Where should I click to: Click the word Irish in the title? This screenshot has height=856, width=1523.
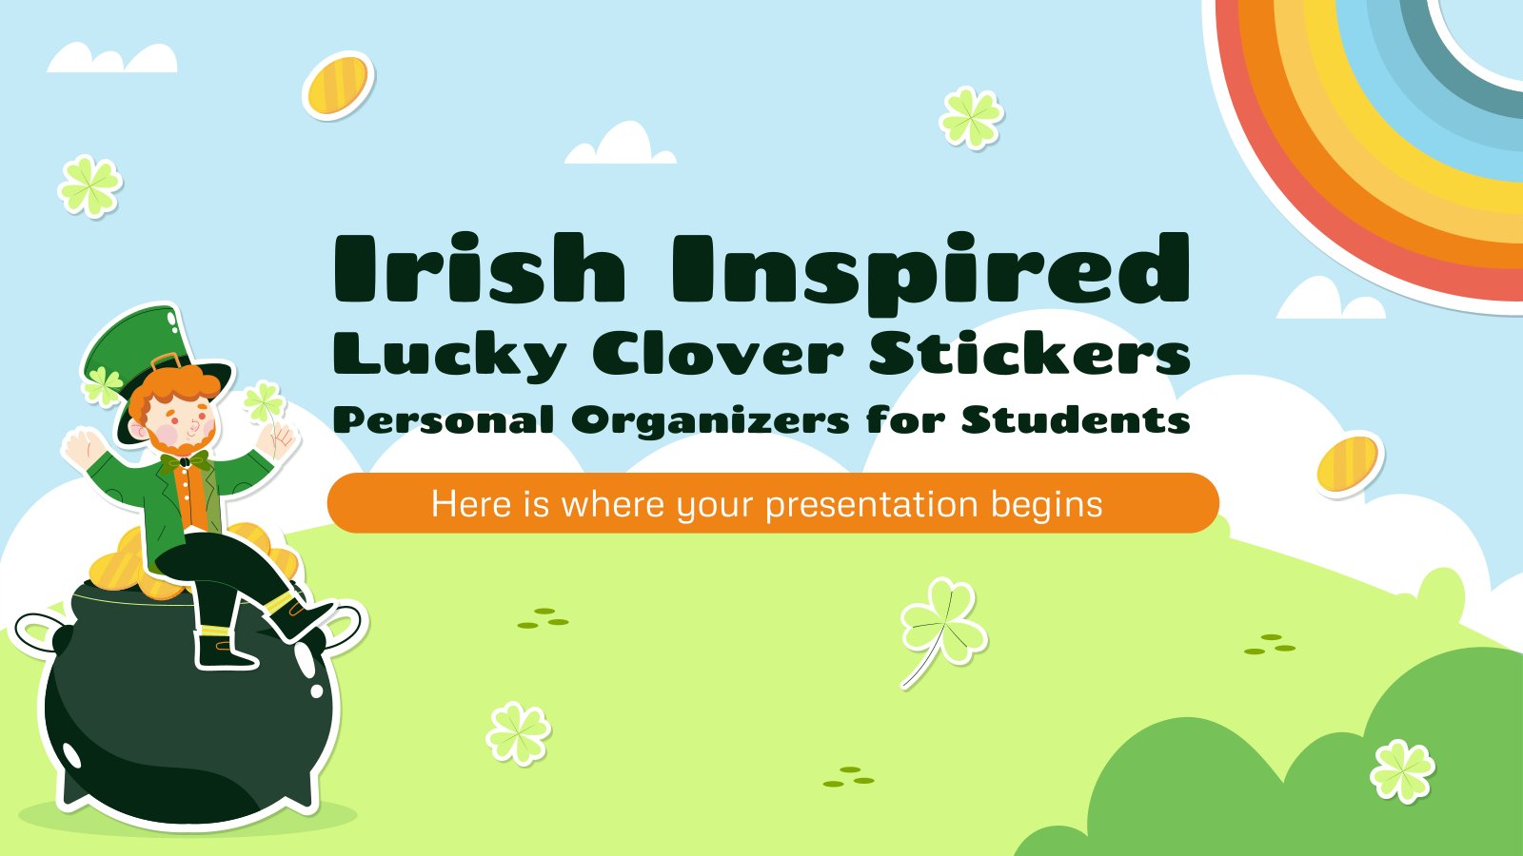[x=480, y=267]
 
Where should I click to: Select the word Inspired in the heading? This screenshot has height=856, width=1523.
[x=931, y=273]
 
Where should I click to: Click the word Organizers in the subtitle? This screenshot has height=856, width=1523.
[x=710, y=420]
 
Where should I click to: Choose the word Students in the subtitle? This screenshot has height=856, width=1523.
[x=1076, y=418]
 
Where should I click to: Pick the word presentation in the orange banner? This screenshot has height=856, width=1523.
[x=872, y=505]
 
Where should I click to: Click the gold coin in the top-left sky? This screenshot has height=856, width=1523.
[x=338, y=85]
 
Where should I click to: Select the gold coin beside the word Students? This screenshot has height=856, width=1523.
[x=1347, y=464]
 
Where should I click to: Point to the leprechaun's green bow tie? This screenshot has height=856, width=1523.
[x=185, y=461]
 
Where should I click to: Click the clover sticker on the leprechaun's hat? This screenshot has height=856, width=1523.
[x=102, y=386]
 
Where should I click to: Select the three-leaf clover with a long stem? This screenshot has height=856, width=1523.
[x=943, y=629]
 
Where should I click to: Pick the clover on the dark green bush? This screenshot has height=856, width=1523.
[x=1402, y=771]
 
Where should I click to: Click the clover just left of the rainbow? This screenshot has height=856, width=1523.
[x=971, y=118]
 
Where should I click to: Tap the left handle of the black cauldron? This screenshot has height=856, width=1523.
[x=41, y=633]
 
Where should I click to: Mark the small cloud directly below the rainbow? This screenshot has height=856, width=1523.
[x=1330, y=299]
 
